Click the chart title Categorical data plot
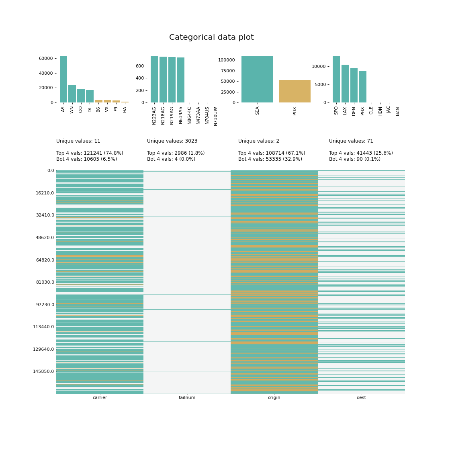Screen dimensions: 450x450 click(211, 37)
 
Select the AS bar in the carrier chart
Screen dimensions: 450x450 click(63, 80)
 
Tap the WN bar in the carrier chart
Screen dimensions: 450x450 click(72, 94)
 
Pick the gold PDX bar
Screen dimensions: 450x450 click(295, 91)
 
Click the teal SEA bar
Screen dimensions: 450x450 click(257, 80)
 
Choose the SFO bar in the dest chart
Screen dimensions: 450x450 click(336, 80)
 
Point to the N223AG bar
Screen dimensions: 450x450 click(154, 80)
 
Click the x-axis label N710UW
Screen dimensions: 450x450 click(216, 116)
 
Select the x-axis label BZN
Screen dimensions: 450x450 click(398, 111)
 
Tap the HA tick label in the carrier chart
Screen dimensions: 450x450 click(125, 109)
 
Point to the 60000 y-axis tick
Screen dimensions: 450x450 click(46, 58)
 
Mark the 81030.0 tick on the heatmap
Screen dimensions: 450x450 click(45, 282)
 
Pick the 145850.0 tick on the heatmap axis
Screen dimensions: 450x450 click(43, 371)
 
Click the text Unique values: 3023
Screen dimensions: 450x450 click(172, 141)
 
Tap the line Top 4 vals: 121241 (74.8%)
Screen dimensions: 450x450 click(90, 153)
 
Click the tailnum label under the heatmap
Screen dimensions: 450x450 click(187, 398)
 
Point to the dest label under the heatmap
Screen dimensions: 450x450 click(361, 398)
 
